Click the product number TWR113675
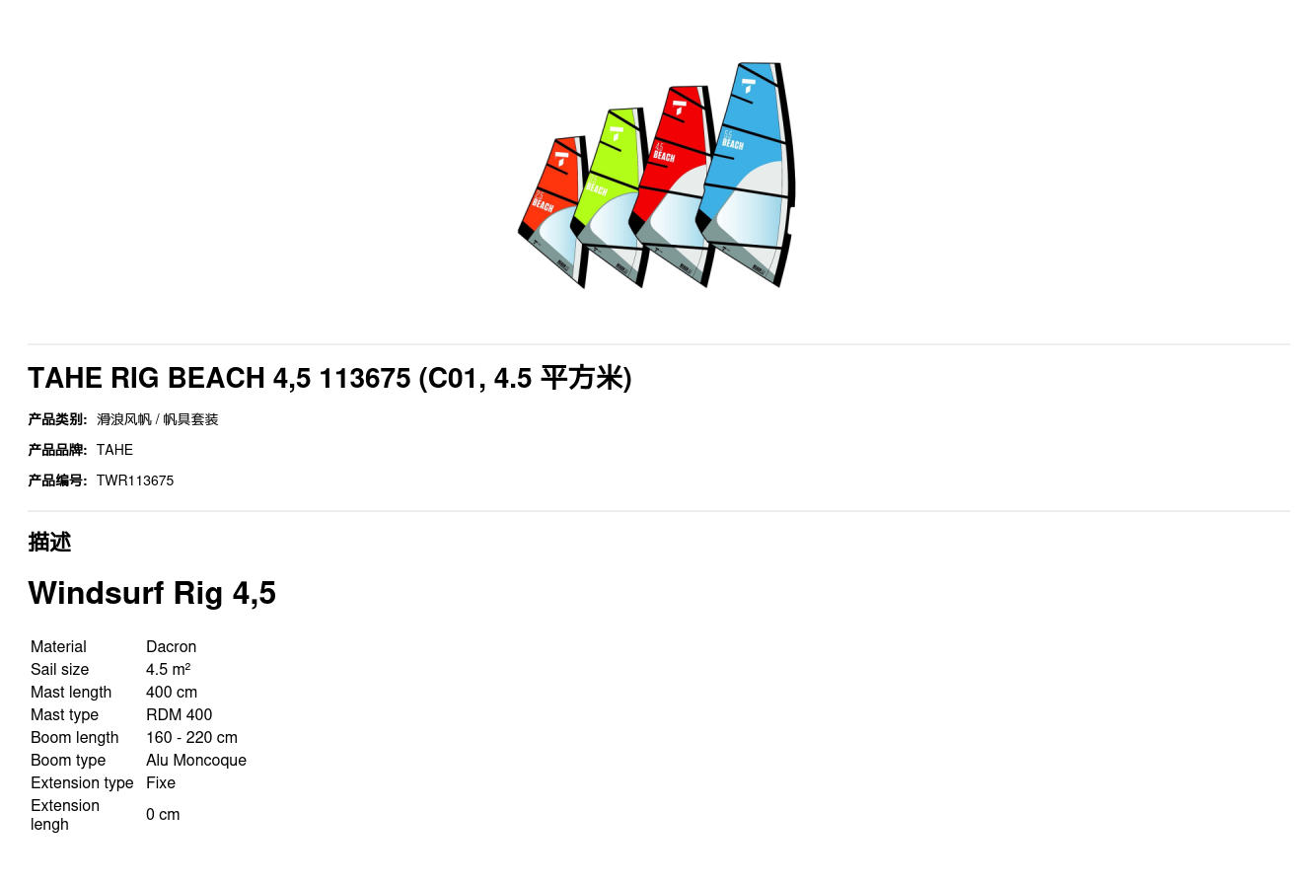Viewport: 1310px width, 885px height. pos(135,480)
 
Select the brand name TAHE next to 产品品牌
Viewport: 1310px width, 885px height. pos(114,450)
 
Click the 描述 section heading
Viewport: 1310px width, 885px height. pos(49,542)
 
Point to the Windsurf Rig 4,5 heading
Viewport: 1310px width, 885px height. pos(152,593)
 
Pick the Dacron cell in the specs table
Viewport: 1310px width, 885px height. pos(171,646)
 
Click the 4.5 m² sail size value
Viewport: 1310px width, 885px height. pos(168,669)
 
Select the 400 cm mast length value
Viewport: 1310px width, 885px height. pos(172,692)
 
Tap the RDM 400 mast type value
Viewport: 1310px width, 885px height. pos(179,714)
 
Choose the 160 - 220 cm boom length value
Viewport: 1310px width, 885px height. pos(191,737)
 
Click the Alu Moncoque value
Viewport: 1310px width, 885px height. pos(196,760)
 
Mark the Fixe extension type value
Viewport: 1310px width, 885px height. pos(161,782)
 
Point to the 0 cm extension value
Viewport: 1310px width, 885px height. pos(163,814)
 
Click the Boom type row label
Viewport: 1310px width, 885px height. pos(68,760)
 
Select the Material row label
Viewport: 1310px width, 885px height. pos(58,646)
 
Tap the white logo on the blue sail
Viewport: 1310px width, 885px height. pos(749,86)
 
